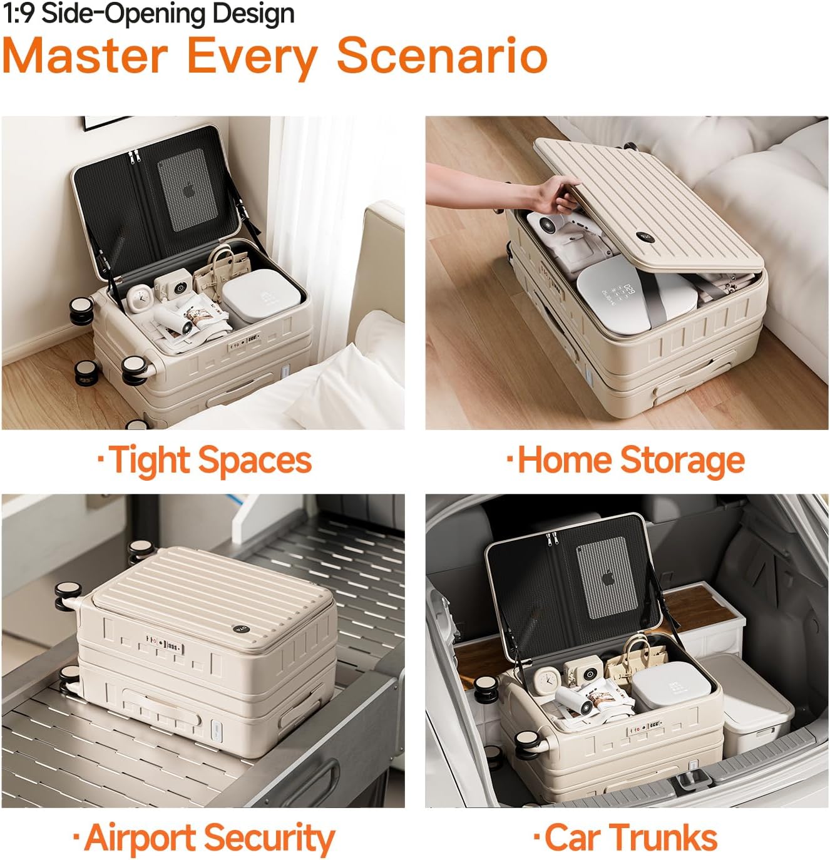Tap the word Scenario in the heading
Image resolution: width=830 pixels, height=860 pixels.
point(442,56)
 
